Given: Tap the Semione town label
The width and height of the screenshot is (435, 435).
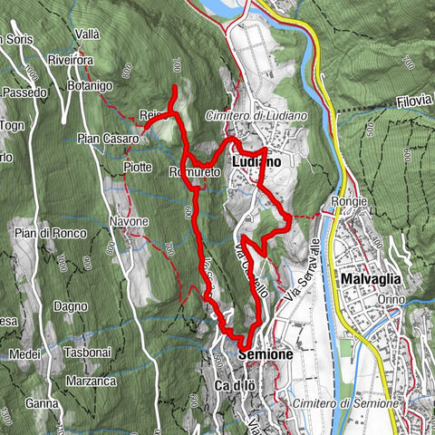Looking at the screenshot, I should tap(266, 355).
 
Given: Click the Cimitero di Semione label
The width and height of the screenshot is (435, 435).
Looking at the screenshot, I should tap(344, 402).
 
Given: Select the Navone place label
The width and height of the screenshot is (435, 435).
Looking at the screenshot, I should tap(129, 222).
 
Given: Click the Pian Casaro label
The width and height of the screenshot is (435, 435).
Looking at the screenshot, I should tap(108, 139).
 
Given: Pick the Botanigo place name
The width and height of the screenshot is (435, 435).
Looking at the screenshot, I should tap(88, 84).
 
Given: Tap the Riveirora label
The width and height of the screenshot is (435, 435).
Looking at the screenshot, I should tap(93, 62).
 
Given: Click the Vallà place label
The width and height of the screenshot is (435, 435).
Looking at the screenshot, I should tap(88, 34).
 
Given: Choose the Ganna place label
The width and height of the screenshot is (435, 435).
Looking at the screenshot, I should tap(41, 403).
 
